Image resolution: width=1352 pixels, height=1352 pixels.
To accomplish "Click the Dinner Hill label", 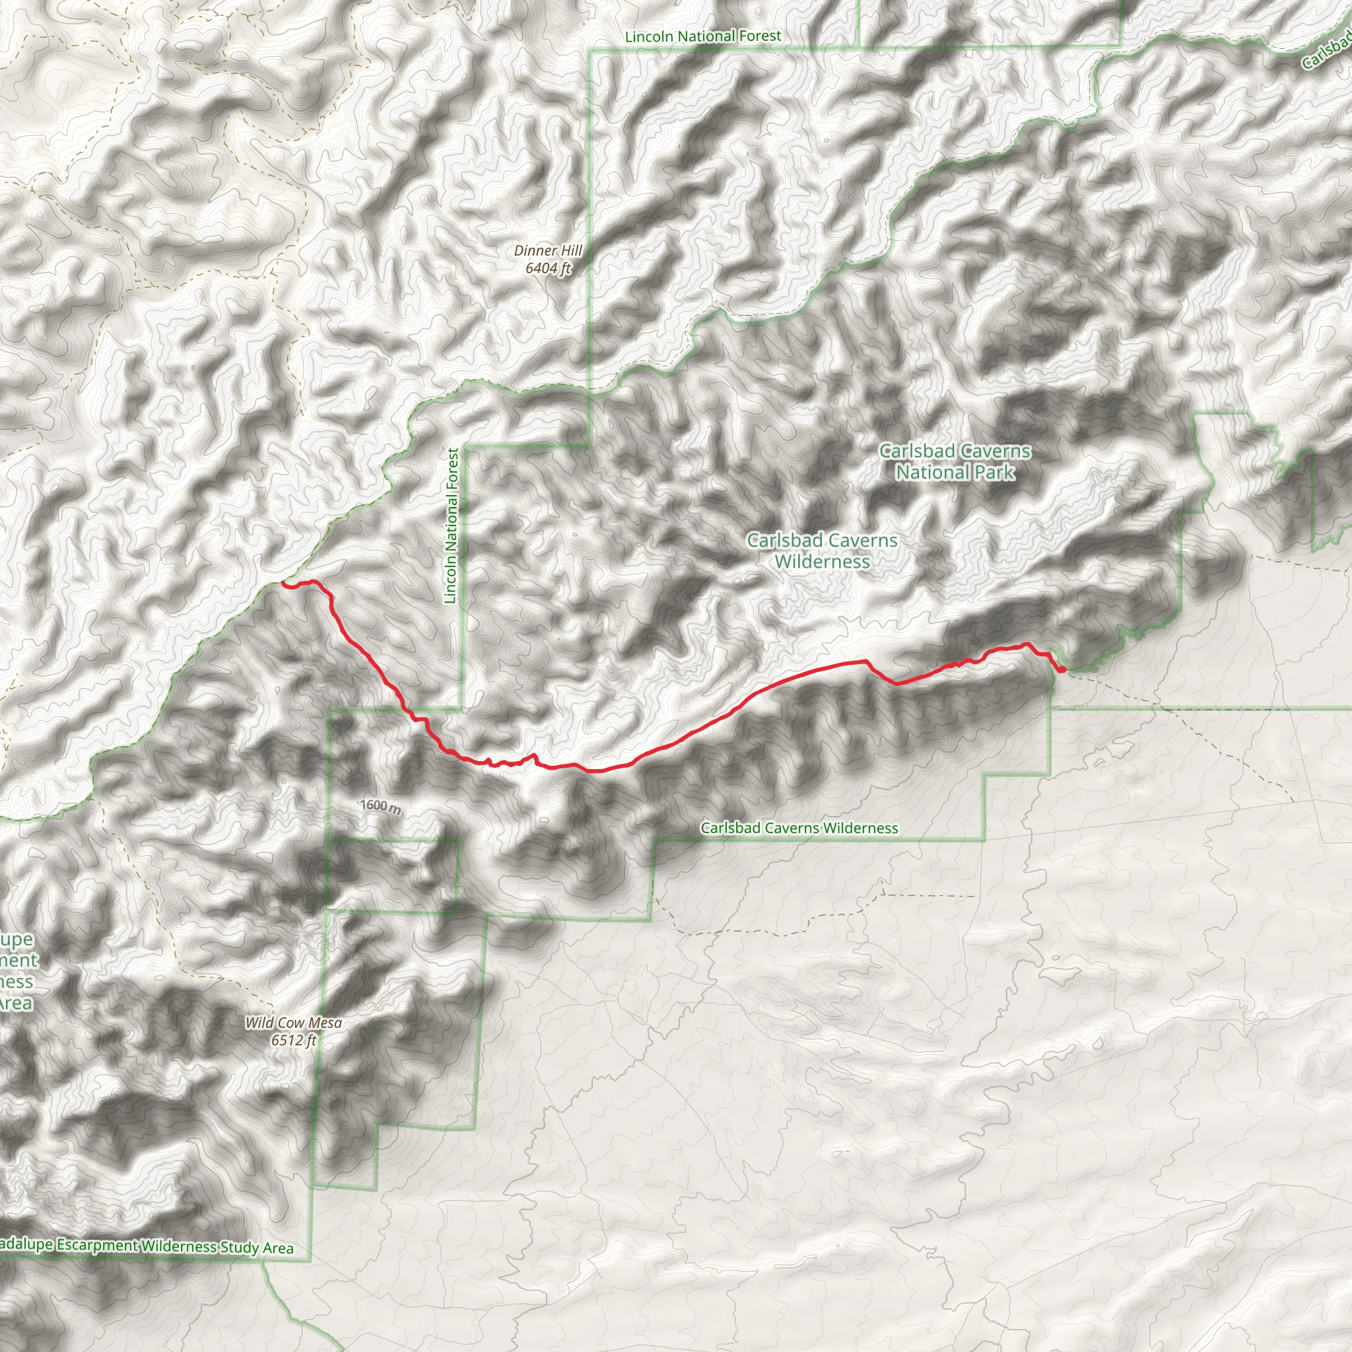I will pyautogui.click(x=547, y=250).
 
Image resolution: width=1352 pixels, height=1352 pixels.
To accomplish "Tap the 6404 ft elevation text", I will pyautogui.click(x=548, y=267).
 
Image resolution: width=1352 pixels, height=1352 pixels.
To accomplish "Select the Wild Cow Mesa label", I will pyautogui.click(x=293, y=1023).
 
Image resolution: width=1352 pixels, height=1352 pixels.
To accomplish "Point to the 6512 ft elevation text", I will pyautogui.click(x=293, y=1040).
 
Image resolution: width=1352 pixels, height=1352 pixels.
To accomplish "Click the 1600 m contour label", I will pyautogui.click(x=381, y=806).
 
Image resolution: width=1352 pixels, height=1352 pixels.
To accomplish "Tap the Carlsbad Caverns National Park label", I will pyautogui.click(x=955, y=462).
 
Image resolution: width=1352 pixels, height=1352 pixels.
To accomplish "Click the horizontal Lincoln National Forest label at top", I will pyautogui.click(x=702, y=36).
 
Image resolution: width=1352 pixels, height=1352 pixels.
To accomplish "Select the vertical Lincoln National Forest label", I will pyautogui.click(x=452, y=525).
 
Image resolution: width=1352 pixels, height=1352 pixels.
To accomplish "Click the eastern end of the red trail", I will pyautogui.click(x=1062, y=669).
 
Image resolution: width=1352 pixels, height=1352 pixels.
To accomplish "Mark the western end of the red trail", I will pyautogui.click(x=283, y=582).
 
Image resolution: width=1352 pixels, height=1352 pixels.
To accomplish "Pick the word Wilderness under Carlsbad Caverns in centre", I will pyautogui.click(x=823, y=562).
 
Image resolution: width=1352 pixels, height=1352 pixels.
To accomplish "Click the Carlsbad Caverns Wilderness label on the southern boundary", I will pyautogui.click(x=799, y=828).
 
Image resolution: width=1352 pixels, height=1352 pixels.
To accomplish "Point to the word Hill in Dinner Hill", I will pyautogui.click(x=570, y=250).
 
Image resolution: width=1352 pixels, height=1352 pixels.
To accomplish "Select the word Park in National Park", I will pyautogui.click(x=994, y=473).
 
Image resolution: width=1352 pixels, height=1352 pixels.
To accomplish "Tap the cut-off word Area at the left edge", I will pyautogui.click(x=15, y=1003).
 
